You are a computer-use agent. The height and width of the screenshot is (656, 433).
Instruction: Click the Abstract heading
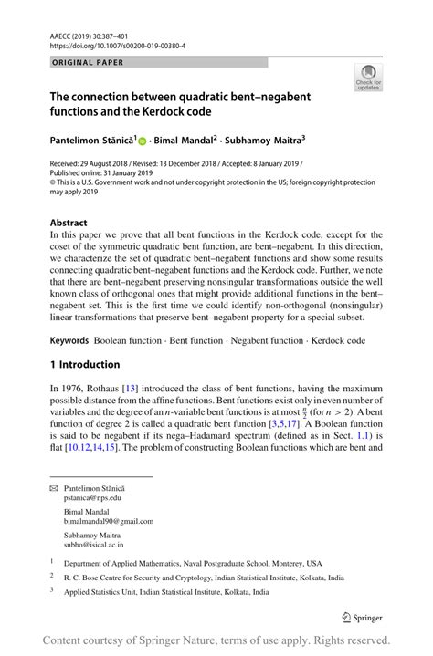(69, 222)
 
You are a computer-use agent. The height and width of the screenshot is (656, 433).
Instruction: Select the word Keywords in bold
(71, 315)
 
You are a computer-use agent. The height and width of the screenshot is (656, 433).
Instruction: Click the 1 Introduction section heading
(84, 339)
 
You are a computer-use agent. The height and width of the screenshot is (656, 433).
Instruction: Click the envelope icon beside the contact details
(53, 490)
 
